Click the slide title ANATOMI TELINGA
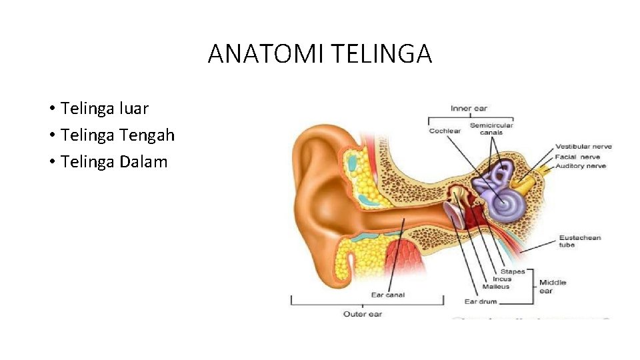tap(320, 53)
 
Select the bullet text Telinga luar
tap(104, 108)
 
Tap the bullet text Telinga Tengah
tap(117, 135)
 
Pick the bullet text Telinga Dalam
tap(113, 162)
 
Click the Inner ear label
tap(470, 109)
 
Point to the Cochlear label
tap(445, 131)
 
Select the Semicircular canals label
tap(491, 129)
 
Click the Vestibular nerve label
tap(583, 147)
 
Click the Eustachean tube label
tap(579, 241)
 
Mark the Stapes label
tap(513, 271)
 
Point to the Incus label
tap(502, 279)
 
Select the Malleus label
tap(496, 287)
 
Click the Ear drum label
tap(481, 301)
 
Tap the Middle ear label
tap(553, 286)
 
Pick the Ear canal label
tap(387, 295)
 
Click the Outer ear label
tap(363, 313)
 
